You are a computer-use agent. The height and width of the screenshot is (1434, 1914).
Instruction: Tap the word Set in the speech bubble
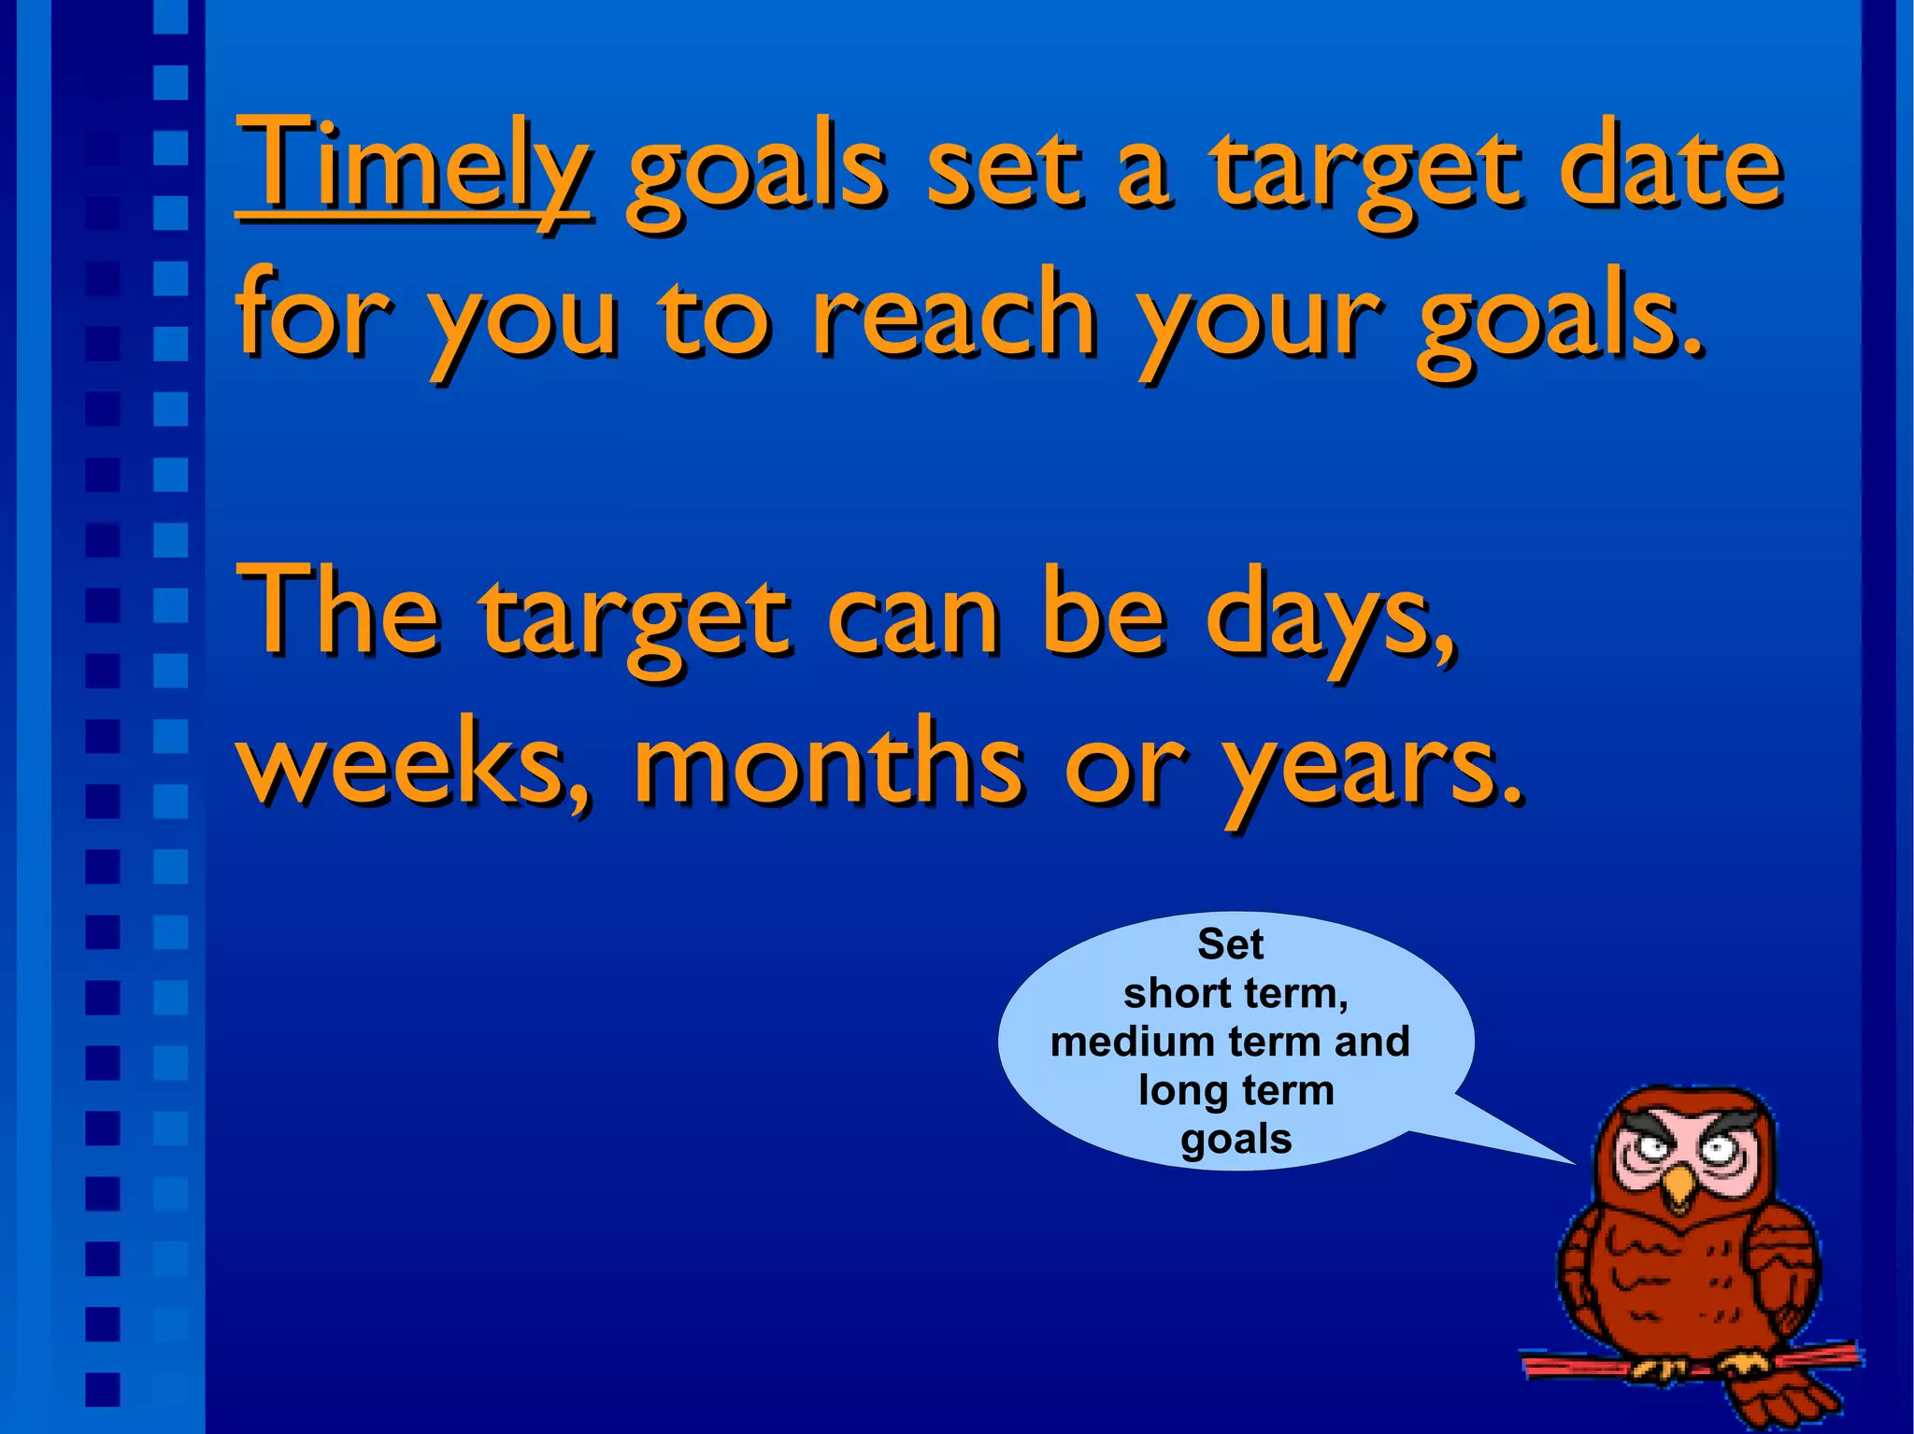click(1230, 944)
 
